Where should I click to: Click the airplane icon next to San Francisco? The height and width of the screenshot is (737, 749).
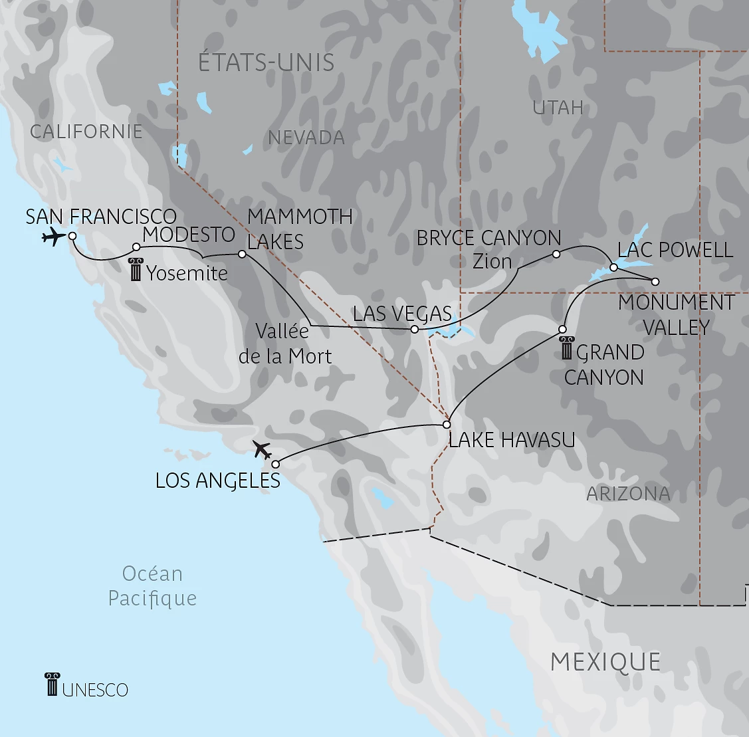[x=53, y=236]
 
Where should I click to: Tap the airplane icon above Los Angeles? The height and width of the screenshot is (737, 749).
[x=263, y=450]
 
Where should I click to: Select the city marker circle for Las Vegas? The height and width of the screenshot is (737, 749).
[x=415, y=329]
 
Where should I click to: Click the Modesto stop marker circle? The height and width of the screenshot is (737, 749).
[x=136, y=247]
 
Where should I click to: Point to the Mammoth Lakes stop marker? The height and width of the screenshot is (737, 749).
[x=242, y=254]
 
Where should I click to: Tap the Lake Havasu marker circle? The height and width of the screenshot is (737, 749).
[x=447, y=424]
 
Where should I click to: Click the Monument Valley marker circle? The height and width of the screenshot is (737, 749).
[x=655, y=282]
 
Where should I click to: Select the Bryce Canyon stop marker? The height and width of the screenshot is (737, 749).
[x=556, y=254]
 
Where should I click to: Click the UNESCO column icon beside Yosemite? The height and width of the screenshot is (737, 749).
[x=136, y=270]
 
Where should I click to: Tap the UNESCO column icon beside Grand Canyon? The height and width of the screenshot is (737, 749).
[x=566, y=348]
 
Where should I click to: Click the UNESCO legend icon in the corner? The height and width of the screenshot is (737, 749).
[x=53, y=684]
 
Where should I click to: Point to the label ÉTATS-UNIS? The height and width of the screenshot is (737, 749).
[x=266, y=62]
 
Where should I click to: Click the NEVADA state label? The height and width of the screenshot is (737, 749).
[x=306, y=138]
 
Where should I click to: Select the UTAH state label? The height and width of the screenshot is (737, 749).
[x=558, y=107]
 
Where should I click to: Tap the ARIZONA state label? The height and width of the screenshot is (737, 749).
[x=628, y=494]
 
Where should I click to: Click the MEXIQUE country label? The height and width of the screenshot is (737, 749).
[x=605, y=662]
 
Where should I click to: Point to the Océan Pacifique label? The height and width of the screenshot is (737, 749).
[x=152, y=585]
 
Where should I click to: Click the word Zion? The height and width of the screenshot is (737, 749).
[x=492, y=261]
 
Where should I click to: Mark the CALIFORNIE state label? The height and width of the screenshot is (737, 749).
[x=86, y=131]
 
